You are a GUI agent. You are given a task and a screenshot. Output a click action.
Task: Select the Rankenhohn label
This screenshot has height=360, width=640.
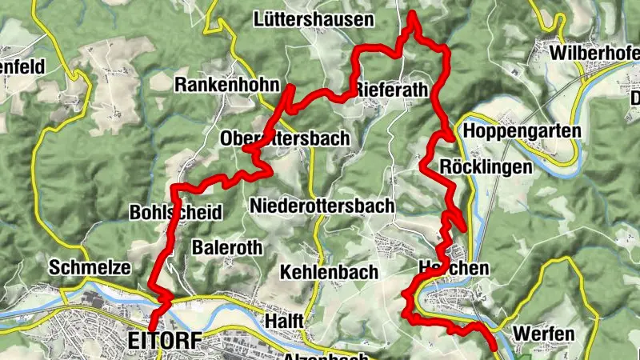click(x=227, y=85)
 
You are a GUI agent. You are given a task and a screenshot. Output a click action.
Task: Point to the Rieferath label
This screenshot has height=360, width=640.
click(x=391, y=89)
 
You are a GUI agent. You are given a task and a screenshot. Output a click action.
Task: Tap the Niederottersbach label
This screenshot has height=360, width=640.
click(x=322, y=206)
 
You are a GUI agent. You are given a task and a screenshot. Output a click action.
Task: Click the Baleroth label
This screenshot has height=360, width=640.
click(x=227, y=247)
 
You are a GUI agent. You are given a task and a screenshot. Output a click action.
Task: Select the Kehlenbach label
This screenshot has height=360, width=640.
click(x=329, y=272)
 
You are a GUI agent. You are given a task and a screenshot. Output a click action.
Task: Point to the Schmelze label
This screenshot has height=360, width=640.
click(x=89, y=267)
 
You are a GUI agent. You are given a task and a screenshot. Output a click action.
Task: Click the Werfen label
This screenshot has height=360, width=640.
click(x=545, y=333)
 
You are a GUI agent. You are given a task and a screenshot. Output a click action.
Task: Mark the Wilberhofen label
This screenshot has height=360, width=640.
click(x=595, y=54)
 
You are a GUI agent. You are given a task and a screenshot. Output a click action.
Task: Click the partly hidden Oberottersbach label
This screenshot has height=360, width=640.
click(x=285, y=138)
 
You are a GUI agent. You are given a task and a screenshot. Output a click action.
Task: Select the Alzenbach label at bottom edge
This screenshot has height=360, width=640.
click(x=326, y=355)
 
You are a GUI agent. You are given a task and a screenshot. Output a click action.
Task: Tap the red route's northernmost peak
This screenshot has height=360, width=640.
click(x=413, y=14)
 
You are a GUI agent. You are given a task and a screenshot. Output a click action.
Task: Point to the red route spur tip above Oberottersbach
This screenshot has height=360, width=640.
click(x=292, y=86)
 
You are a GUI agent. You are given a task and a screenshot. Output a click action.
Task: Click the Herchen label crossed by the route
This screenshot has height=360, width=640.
click(x=453, y=268)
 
